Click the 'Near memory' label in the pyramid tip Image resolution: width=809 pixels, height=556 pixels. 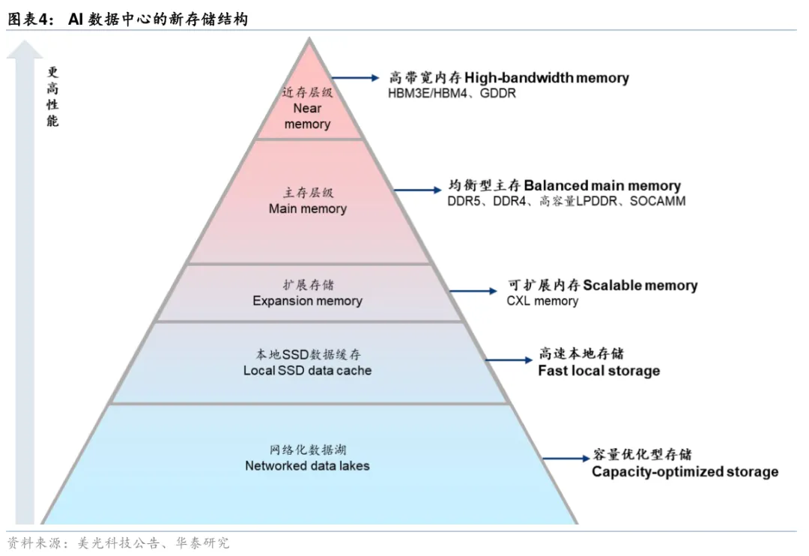[307, 116]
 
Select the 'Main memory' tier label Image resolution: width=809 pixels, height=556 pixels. [308, 208]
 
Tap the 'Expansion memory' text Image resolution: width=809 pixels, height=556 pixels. [308, 300]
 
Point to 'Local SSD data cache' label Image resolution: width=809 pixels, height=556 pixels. [308, 370]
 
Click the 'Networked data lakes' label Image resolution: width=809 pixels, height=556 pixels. [308, 465]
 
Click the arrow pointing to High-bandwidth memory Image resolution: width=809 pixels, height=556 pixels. [356, 78]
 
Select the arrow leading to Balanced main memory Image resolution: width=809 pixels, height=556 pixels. [417, 190]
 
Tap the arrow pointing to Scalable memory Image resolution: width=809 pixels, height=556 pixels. [473, 291]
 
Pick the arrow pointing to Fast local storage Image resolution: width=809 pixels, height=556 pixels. [509, 360]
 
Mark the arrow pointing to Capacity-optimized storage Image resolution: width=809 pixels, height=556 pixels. [566, 458]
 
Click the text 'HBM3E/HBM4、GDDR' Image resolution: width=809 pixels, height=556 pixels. [452, 94]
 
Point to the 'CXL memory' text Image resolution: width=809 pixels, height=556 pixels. [542, 301]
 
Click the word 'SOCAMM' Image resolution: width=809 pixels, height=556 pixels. [658, 201]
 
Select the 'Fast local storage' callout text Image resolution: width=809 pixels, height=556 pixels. [599, 371]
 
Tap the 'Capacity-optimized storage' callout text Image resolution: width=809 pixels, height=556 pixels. [685, 471]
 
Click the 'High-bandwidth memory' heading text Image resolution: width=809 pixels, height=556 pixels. [547, 77]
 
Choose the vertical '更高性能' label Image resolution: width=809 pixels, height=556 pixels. [52, 97]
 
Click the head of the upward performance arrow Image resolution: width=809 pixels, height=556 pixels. [25, 49]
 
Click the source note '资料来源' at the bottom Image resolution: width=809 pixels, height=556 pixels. [35, 543]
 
